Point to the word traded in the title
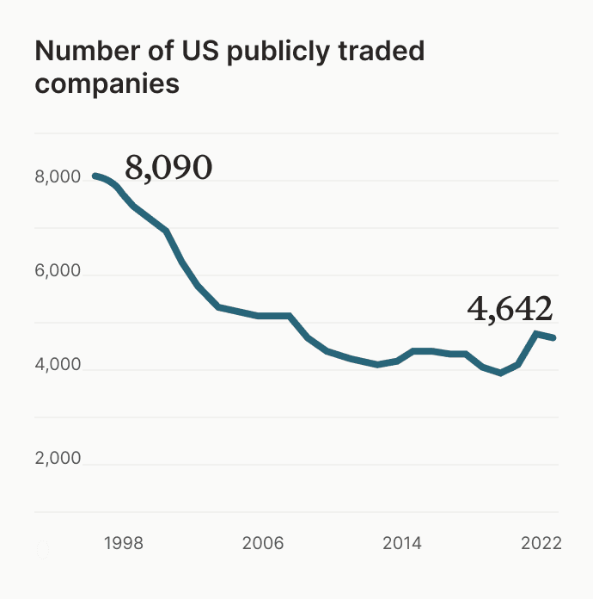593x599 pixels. [x=383, y=52]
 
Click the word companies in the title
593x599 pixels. [x=107, y=85]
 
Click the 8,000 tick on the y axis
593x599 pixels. [x=58, y=178]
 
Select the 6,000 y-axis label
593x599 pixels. [x=58, y=272]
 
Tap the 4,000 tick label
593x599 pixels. [x=58, y=366]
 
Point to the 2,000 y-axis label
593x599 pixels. [x=58, y=459]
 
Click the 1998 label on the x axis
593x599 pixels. [x=123, y=544]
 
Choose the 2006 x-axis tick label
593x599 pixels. [x=263, y=544]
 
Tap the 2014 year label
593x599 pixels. [x=402, y=544]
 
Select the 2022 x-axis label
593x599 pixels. [x=541, y=544]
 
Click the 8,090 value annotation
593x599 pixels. [x=168, y=169]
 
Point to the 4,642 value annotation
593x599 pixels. [x=510, y=308]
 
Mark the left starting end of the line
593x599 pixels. [x=95, y=176]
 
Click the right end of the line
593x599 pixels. [x=554, y=337]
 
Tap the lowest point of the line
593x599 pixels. [x=501, y=373]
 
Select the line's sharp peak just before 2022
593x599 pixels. [x=536, y=333]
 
